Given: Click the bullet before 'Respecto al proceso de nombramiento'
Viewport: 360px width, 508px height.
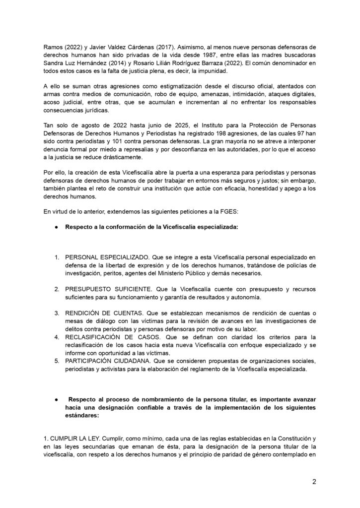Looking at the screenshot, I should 57,399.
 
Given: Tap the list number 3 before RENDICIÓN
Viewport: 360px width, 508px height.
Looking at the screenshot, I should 57,313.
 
